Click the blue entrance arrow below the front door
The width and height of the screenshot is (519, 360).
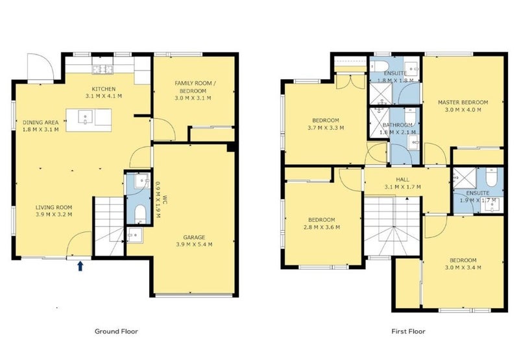pos(80,266)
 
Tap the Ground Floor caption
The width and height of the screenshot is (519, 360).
pos(116,331)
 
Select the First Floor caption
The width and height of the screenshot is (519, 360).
pos(409,331)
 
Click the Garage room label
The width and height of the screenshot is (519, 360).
pos(194,237)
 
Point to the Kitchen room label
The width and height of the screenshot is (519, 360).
pos(104,89)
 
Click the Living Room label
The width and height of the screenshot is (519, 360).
pos(54,208)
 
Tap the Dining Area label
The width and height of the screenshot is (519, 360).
pos(41,123)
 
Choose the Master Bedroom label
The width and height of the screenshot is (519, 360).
pos(463,102)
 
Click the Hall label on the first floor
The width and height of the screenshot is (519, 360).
pos(402,180)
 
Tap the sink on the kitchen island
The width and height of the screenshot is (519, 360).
pos(86,117)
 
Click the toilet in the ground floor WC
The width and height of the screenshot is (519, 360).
pos(140,213)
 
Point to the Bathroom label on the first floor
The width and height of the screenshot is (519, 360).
pos(398,125)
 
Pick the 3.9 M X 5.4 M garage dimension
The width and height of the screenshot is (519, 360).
pos(194,245)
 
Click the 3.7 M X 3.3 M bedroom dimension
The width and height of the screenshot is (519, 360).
pos(326,127)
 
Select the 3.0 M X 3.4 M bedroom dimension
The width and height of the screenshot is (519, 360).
pos(463,267)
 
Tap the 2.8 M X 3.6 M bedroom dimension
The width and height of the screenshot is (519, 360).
pos(322,227)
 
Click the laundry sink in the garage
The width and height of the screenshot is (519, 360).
pos(135,235)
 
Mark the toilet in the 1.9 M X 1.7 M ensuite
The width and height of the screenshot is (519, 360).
pos(492,177)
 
